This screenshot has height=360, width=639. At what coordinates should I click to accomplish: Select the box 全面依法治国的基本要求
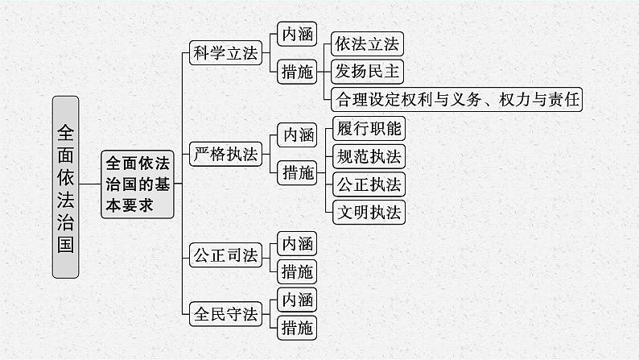coord(138,184)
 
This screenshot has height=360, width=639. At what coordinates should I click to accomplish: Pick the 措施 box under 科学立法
coord(295,72)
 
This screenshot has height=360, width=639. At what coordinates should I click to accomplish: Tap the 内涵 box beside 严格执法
coord(295,134)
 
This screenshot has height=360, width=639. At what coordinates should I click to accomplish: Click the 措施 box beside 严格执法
coord(295,172)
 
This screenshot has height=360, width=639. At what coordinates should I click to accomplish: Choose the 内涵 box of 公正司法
coord(295,242)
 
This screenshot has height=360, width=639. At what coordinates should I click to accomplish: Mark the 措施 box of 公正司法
coord(295,271)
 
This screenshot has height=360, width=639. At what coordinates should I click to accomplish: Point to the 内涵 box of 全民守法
coord(295,299)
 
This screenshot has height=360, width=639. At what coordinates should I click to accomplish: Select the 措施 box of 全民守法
coord(295,327)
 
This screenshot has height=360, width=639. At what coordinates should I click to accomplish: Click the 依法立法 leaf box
coord(366,43)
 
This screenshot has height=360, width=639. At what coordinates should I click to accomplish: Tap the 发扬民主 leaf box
coord(366,71)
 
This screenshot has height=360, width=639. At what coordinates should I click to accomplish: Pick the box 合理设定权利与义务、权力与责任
coord(456,99)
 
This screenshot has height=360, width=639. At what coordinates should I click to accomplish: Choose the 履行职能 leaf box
coord(367,127)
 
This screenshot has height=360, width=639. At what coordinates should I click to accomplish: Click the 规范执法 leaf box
coord(367,155)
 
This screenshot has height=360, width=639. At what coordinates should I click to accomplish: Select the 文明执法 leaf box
coord(367,212)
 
